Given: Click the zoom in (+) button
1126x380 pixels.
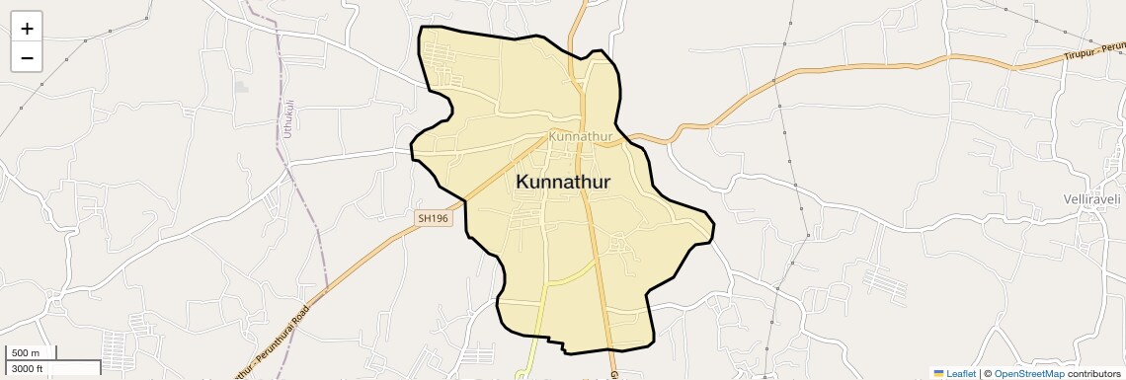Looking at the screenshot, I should pyautogui.click(x=27, y=29).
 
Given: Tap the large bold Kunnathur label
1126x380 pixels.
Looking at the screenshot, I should pyautogui.click(x=563, y=183).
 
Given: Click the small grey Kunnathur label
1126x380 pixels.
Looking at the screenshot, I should pyautogui.click(x=581, y=136).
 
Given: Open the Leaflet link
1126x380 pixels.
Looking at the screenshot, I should pyautogui.click(x=961, y=374).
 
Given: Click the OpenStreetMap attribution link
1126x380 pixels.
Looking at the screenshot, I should pyautogui.click(x=1028, y=374).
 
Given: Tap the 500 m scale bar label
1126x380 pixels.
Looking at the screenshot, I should pyautogui.click(x=26, y=353).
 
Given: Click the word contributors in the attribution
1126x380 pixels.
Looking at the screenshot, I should pyautogui.click(x=1094, y=374).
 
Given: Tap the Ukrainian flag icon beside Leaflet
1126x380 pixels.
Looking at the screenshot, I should pyautogui.click(x=938, y=374).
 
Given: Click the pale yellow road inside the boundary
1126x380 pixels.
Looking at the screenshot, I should pyautogui.click(x=568, y=275).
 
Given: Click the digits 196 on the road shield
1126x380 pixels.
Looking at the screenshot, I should pyautogui.click(x=439, y=218).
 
